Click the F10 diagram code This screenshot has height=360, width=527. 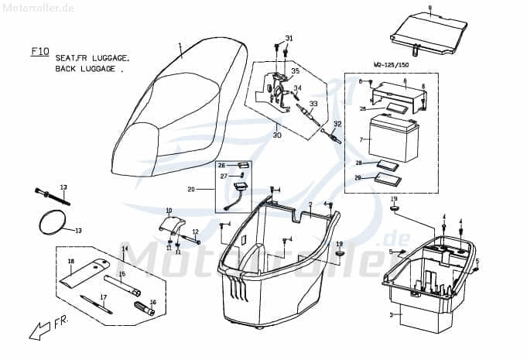(39, 52)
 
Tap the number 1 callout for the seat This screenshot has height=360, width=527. (180, 46)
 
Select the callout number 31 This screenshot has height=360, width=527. (289, 38)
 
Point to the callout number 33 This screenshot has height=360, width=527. (313, 103)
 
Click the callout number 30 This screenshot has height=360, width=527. (277, 135)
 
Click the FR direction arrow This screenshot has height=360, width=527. (39, 331)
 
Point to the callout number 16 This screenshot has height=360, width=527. (153, 303)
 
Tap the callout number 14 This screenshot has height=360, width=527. (125, 249)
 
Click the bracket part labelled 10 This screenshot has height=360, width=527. (172, 225)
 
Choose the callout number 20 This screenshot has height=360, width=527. (190, 190)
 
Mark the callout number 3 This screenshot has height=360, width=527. (392, 315)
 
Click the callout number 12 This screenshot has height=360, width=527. (195, 231)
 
